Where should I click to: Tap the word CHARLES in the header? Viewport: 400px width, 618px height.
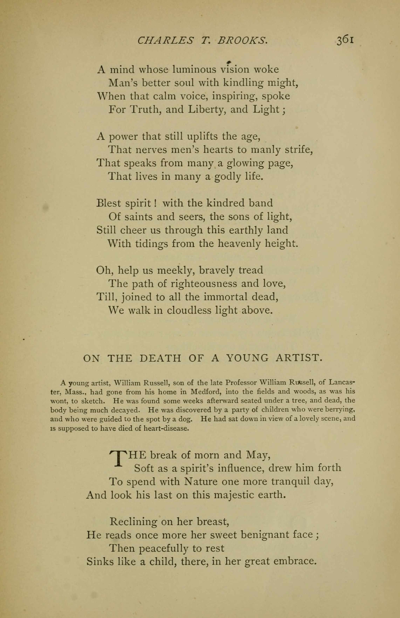(x=165, y=40)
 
